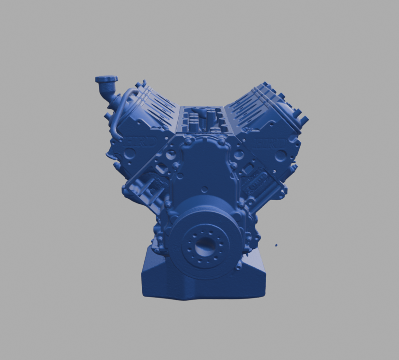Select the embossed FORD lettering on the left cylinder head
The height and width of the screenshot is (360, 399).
pos(136,141)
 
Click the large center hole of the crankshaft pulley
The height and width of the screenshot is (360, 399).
pos(205,246)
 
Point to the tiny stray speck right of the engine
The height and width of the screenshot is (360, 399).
pos(276,245)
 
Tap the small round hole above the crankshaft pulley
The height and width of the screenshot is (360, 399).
pos(204,189)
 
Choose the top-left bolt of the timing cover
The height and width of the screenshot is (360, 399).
pos(188,141)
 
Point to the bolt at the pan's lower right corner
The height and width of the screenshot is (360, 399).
pos(239,265)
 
